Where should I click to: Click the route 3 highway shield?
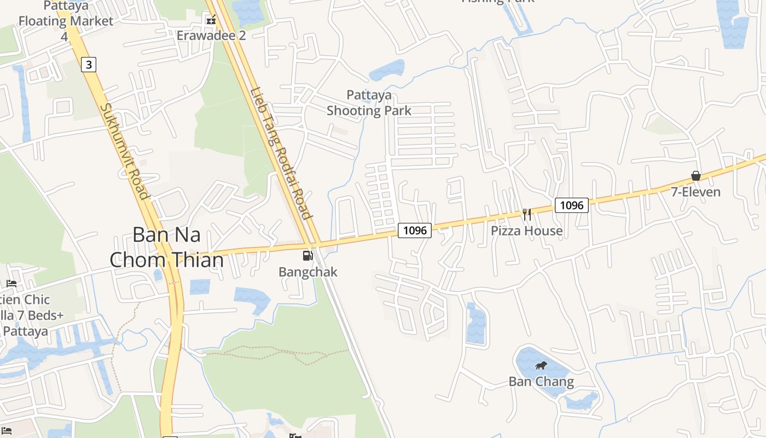(x=89, y=65)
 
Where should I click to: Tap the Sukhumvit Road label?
(x=125, y=152)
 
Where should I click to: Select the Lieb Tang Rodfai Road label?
(x=281, y=153)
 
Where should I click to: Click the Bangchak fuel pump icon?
(x=308, y=255)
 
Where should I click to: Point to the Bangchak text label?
(x=308, y=272)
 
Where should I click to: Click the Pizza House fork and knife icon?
(x=527, y=214)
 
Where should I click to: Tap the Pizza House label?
(x=526, y=230)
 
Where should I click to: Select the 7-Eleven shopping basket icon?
(x=696, y=176)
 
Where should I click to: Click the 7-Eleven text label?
(x=696, y=192)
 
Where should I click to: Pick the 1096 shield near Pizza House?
(x=572, y=205)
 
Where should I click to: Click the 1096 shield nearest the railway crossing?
(x=414, y=230)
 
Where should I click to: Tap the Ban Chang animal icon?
(x=541, y=366)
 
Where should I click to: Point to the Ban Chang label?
(x=541, y=382)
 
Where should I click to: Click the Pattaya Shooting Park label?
(x=369, y=103)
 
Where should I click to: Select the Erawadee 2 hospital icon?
(x=211, y=20)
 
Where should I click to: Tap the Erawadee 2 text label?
(x=211, y=36)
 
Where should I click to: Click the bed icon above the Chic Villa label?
(x=11, y=284)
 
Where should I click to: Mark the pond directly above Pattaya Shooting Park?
(x=387, y=70)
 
